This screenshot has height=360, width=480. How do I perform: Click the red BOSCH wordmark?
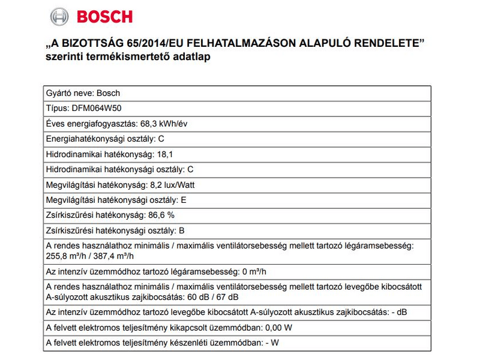[x=104, y=16]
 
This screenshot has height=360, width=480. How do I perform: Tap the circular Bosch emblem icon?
[x=59, y=16]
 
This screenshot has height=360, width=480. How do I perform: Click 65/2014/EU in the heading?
[x=158, y=44]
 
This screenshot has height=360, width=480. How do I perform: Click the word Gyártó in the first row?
[x=58, y=94]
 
